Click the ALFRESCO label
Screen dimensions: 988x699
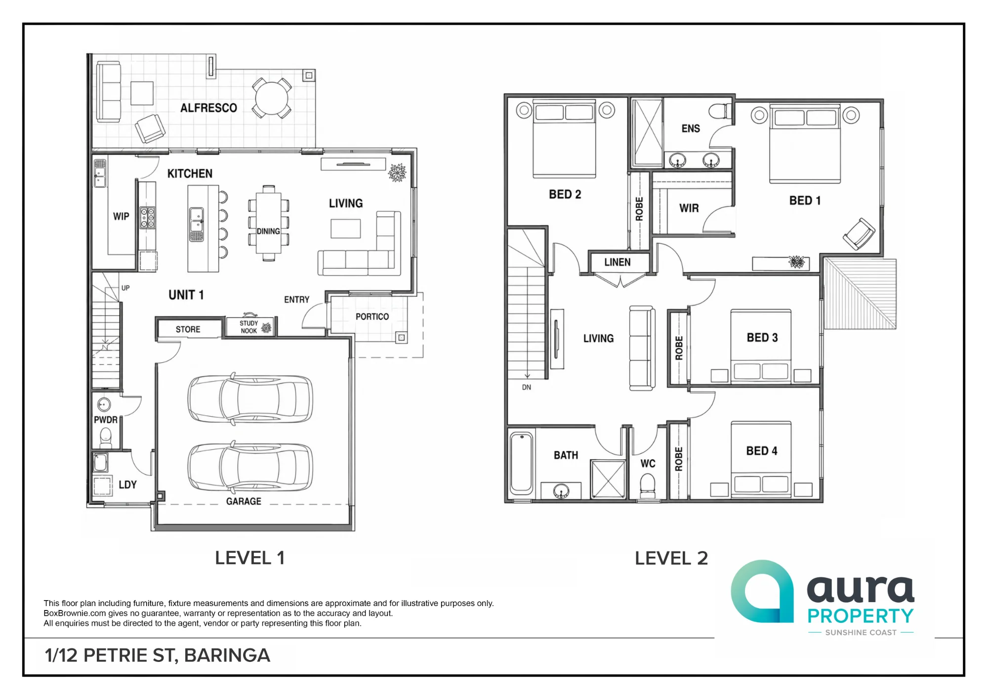point(208,108)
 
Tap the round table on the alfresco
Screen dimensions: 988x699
point(271,98)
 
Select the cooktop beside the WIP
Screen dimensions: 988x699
point(148,218)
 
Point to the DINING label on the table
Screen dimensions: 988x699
point(268,231)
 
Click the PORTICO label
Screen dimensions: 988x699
point(372,316)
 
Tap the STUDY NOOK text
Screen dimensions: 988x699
point(249,327)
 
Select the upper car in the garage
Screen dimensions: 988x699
point(250,398)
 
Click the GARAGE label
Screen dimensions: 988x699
point(244,501)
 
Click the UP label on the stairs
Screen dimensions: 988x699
point(125,288)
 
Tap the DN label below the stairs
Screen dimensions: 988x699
point(527,388)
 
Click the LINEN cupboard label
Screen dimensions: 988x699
point(617,262)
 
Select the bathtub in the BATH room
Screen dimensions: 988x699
point(521,463)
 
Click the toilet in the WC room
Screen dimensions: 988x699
point(647,486)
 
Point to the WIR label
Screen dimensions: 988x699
point(689,208)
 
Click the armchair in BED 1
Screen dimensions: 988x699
point(859,234)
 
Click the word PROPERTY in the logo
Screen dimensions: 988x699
point(861,616)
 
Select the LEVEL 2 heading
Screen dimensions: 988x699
point(671,558)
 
